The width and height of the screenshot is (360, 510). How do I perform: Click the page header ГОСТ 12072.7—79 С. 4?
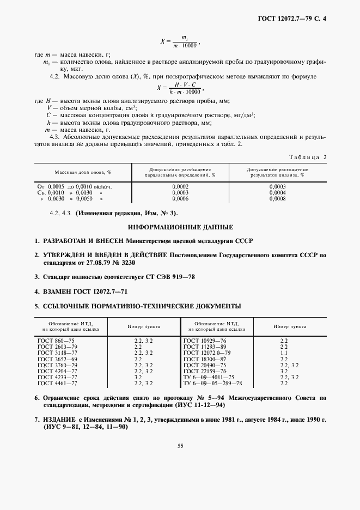pyautogui.click(x=295, y=20)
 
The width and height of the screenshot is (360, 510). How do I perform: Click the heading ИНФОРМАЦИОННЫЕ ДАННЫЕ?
pyautogui.click(x=180, y=226)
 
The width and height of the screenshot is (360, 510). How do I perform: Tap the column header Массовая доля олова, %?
pyautogui.click(x=82, y=172)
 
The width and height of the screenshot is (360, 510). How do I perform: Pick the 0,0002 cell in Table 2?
pyautogui.click(x=180, y=186)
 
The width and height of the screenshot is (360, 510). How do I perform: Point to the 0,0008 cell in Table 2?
pyautogui.click(x=277, y=199)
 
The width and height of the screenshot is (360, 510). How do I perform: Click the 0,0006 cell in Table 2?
pyautogui.click(x=180, y=199)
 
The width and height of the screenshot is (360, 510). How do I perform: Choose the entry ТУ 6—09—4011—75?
pyautogui.click(x=209, y=378)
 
